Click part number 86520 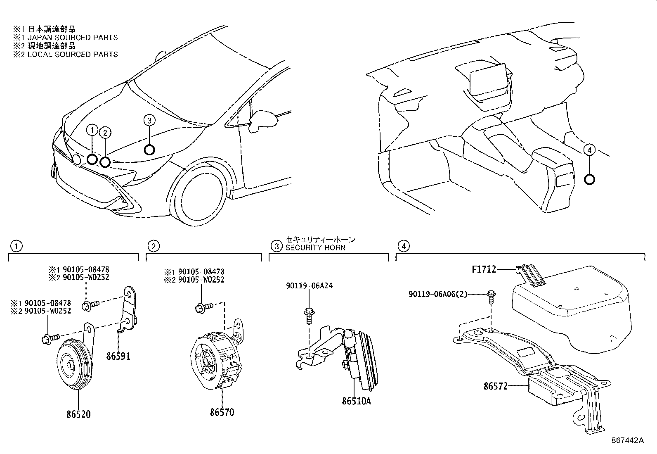point(78,414)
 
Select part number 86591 point(118,356)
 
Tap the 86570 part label point(222,412)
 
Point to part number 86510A point(356,401)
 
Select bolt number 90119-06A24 point(309,285)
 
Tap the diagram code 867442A point(627,440)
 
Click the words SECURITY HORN point(315,247)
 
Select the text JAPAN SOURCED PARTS point(72,38)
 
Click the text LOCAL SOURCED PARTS point(72,55)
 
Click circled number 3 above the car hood point(149,120)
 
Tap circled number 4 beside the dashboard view point(590,150)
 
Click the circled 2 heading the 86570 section point(153,247)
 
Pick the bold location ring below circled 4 point(590,179)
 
